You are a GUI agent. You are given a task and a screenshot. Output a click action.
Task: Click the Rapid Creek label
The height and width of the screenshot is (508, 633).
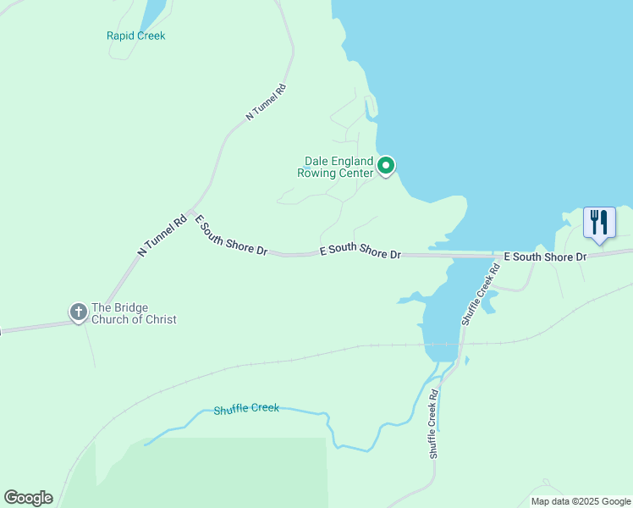(x=135, y=36)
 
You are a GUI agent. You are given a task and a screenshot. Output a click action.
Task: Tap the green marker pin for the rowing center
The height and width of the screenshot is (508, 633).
(x=386, y=165)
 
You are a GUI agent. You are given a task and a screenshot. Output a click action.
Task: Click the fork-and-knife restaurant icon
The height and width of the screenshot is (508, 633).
(x=599, y=223)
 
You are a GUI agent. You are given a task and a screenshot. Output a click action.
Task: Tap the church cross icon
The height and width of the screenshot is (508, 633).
(x=78, y=312)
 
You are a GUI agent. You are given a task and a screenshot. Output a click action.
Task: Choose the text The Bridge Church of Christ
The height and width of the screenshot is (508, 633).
(x=134, y=313)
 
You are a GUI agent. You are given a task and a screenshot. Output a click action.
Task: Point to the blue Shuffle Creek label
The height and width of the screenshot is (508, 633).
(x=245, y=408)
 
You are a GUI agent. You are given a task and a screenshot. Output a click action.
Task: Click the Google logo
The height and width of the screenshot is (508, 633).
(x=28, y=498)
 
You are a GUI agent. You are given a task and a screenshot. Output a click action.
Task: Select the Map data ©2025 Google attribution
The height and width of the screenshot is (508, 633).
(x=580, y=501)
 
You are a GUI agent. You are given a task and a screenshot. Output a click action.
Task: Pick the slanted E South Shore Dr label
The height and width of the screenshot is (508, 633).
(x=230, y=236)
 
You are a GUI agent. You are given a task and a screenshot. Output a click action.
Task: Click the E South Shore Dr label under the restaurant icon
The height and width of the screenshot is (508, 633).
(x=545, y=257)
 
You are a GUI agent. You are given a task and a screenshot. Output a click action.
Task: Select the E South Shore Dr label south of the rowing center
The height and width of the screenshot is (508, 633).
(x=360, y=252)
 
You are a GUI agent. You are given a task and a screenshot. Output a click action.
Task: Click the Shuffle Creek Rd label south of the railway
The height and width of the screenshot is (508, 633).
(x=433, y=424)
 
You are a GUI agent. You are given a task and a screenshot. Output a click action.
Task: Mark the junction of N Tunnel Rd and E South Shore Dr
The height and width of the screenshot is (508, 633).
(x=191, y=212)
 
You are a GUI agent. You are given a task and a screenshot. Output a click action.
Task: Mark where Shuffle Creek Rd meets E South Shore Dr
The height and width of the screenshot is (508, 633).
(x=495, y=256)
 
